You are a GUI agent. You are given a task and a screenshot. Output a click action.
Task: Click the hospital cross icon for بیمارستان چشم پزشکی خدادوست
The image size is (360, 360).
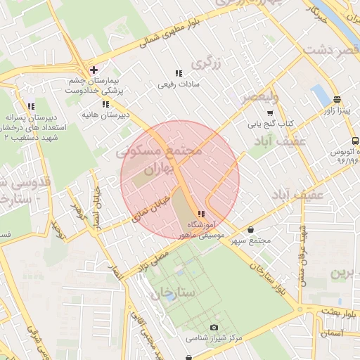click(94, 69)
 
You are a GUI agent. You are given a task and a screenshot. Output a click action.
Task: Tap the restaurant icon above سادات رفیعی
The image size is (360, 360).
click(178, 72)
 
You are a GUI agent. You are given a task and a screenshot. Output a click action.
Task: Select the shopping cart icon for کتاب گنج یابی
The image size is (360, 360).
click(270, 113)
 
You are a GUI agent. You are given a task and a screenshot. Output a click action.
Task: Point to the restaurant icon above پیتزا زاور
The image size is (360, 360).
click(337, 99)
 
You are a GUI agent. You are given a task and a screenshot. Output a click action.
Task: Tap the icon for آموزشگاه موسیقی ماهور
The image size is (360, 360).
click(202, 214)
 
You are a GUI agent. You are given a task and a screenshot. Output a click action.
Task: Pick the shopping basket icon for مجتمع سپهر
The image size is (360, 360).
click(251, 229)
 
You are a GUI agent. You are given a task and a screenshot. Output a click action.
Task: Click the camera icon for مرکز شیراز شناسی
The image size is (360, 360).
click(214, 327)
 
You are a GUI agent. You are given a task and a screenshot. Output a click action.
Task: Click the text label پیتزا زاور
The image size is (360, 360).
click(337, 111)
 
